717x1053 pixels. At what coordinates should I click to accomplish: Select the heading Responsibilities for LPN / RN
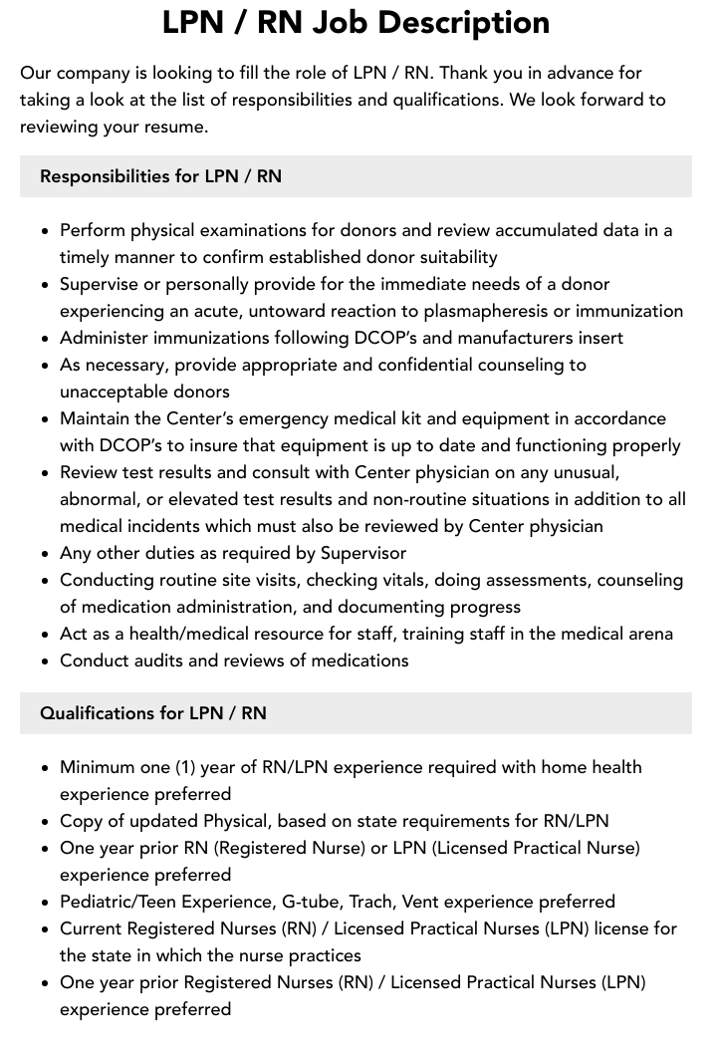tap(160, 176)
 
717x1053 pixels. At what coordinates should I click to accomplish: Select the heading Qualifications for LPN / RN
tap(153, 713)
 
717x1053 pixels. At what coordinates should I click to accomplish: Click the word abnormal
tap(99, 499)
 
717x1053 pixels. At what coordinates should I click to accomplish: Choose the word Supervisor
tap(357, 553)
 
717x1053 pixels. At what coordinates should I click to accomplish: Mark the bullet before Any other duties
tap(46, 554)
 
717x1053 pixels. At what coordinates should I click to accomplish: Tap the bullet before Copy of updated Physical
tap(46, 822)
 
